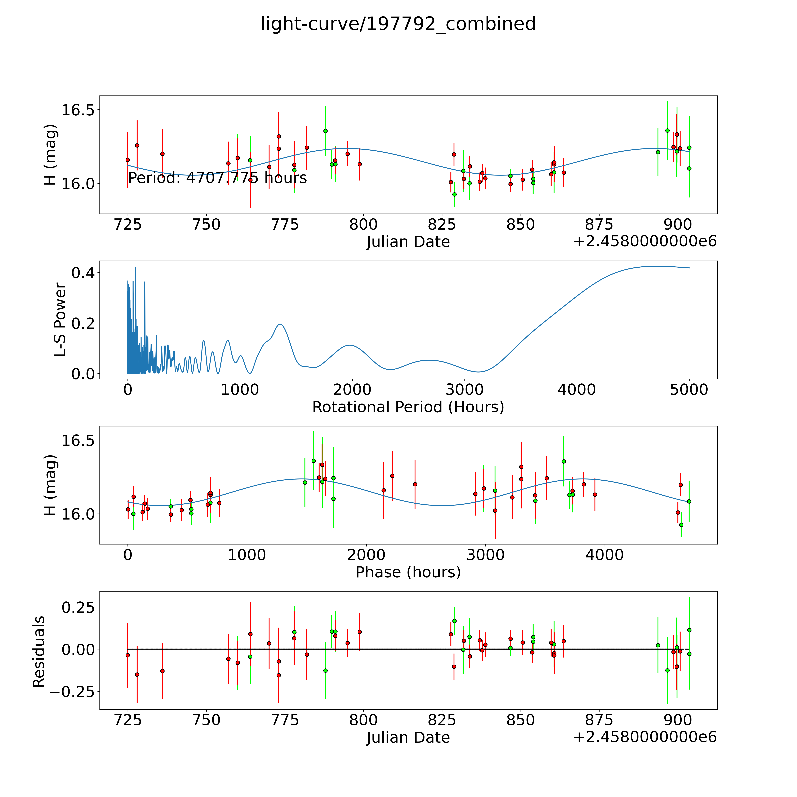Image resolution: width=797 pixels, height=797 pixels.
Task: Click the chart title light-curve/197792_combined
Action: [x=398, y=24]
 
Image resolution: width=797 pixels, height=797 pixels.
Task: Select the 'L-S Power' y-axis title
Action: [x=60, y=320]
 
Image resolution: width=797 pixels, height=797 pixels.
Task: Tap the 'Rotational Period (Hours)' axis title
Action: [x=408, y=407]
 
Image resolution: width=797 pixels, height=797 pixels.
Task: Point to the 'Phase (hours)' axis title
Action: [x=408, y=572]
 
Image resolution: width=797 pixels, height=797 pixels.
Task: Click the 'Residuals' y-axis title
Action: [x=39, y=652]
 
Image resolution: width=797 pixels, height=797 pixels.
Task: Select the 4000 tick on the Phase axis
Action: [x=604, y=555]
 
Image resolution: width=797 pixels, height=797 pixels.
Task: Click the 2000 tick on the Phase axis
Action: [x=366, y=555]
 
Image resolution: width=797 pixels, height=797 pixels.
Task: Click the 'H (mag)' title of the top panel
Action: [x=50, y=155]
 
